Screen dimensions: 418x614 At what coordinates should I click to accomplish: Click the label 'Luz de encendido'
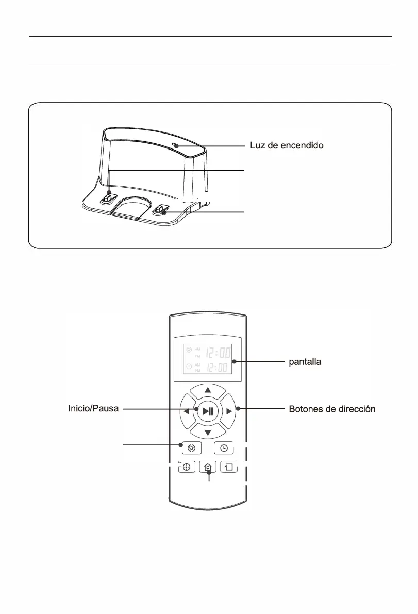click(287, 146)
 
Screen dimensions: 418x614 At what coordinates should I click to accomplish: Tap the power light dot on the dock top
click(176, 146)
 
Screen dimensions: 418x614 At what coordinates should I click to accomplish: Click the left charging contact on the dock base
click(108, 198)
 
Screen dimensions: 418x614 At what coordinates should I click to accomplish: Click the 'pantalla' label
click(304, 362)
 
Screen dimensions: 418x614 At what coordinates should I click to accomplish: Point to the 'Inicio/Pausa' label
click(94, 409)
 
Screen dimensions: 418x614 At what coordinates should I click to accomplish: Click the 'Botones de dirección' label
click(331, 409)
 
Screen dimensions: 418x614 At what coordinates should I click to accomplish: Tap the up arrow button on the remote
click(208, 390)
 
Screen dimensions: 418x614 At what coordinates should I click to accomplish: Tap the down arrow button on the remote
click(208, 432)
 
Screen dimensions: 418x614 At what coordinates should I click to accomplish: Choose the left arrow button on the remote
click(186, 411)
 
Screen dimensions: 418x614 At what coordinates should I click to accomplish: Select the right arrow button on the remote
click(229, 411)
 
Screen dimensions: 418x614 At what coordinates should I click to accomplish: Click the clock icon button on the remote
click(224, 448)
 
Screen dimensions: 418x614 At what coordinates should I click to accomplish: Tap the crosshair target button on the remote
click(187, 467)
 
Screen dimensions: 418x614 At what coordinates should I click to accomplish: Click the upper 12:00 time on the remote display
click(218, 354)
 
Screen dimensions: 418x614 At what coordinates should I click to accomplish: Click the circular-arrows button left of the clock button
click(191, 448)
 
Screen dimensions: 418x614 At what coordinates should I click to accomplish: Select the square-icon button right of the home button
click(229, 467)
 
